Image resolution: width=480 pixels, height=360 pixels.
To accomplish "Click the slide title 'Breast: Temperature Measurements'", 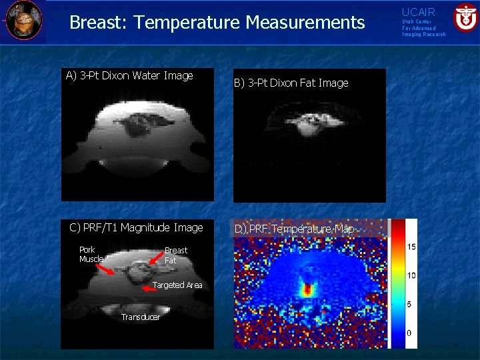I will coord(217,23).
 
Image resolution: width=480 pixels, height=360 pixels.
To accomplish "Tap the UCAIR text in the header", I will coord(418,12).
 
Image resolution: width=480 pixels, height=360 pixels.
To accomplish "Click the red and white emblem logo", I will coord(465,17).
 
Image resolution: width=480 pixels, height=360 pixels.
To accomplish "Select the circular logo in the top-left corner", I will coord(23,20).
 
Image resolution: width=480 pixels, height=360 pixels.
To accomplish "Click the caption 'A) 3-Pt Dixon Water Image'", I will coord(129,75).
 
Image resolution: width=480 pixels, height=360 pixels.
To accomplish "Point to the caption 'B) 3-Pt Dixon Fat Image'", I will coord(290,83).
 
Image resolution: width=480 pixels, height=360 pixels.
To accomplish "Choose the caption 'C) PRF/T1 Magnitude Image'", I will coord(136,227).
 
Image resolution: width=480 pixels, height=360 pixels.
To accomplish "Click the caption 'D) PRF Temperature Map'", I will coord(293,229).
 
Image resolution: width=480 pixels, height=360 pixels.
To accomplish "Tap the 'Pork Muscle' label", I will coord(91,255).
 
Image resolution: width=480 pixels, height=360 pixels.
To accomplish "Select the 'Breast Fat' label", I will coord(176,255).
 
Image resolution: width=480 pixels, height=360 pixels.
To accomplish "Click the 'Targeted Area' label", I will coord(177,285).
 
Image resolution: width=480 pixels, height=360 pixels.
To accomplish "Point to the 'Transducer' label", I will coord(141,317).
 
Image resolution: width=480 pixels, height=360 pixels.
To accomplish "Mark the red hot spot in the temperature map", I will coord(307,290).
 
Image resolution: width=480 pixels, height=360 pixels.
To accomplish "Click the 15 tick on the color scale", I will coord(411,247).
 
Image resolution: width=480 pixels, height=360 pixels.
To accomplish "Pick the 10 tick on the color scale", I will coord(411,275).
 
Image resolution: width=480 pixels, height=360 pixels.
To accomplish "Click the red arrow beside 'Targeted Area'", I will coord(150,289).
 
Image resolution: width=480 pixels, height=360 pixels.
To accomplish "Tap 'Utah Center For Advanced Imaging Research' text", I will coord(423,28).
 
